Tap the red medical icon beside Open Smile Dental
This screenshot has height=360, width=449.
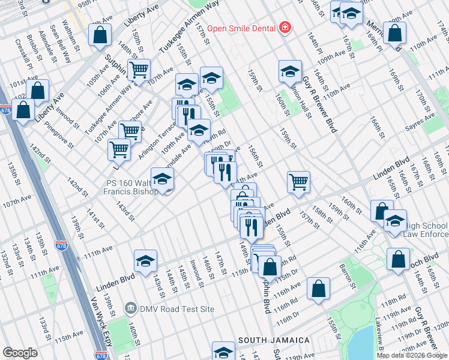284,28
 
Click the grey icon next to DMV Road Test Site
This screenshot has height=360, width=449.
130,309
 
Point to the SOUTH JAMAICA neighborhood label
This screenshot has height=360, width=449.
274,340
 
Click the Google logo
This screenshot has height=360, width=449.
20,353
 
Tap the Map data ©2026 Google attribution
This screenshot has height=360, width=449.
412,355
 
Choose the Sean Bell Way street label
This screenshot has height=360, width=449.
61,43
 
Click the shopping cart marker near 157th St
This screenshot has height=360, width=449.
298,182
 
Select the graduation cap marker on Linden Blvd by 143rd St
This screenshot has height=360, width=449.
145,261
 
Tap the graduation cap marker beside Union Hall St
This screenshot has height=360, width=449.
290,71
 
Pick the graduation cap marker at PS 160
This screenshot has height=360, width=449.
162,179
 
